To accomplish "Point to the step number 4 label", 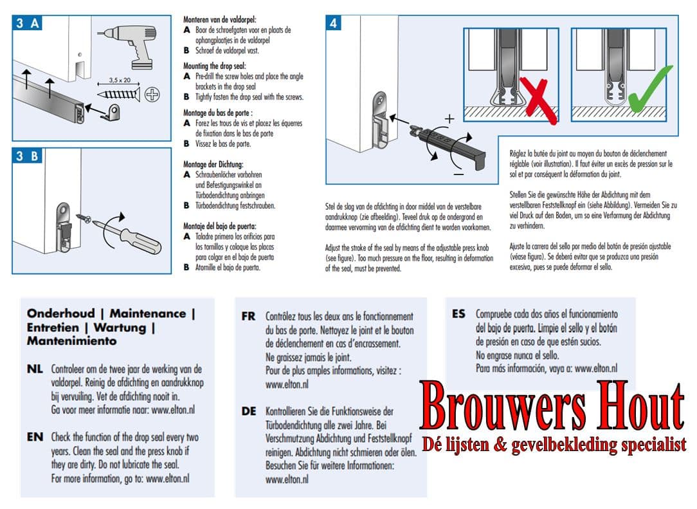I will click(x=334, y=24).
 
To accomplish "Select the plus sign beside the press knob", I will click(x=450, y=119).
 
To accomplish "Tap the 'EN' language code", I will click(x=35, y=437).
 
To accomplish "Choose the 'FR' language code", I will click(x=249, y=317).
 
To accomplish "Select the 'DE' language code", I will click(x=249, y=411).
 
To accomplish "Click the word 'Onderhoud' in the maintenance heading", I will click(x=60, y=313).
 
